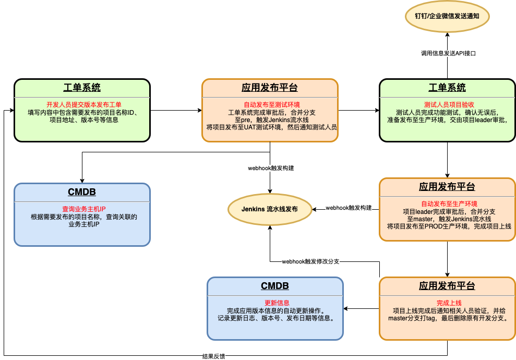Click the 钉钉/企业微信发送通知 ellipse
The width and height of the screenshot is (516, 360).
point(447,16)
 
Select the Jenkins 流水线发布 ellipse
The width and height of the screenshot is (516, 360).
point(270,209)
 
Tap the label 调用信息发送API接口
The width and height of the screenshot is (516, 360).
point(448,53)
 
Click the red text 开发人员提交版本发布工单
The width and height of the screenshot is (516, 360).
point(84,105)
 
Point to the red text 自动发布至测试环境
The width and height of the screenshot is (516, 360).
point(272,105)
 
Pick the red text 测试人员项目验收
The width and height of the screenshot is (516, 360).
point(449,105)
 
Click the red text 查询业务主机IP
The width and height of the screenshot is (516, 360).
point(84,209)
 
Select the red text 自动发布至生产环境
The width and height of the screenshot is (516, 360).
point(449,203)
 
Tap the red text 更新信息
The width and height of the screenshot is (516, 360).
point(277,303)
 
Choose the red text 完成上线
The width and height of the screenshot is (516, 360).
point(449,303)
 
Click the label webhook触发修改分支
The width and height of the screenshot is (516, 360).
point(310,261)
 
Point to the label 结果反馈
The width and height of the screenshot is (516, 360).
point(213,356)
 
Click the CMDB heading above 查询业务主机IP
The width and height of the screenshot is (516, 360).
point(82,192)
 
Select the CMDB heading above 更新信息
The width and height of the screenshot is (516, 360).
point(275,285)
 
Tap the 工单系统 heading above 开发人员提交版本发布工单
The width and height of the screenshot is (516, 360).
point(82,88)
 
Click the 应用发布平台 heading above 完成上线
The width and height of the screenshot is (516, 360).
point(447,285)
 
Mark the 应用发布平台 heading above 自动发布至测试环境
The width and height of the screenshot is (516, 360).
point(270,88)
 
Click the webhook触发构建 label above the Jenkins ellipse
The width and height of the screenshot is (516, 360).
point(271,168)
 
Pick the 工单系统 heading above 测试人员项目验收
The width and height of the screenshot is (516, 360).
point(447,88)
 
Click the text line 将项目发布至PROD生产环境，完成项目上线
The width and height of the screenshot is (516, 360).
point(449,226)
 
